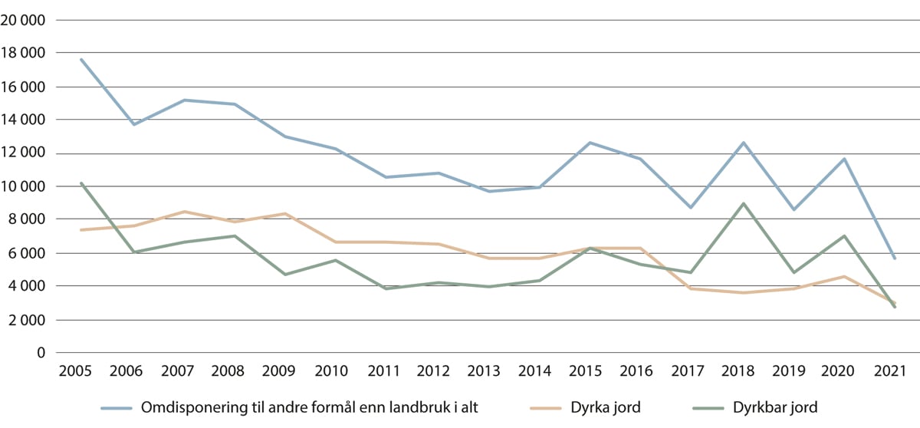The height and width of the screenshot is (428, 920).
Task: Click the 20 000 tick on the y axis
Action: click(23, 20)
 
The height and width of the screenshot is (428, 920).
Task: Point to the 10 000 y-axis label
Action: click(23, 186)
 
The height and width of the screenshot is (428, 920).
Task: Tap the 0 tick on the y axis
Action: click(41, 353)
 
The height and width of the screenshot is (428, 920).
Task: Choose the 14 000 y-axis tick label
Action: click(23, 120)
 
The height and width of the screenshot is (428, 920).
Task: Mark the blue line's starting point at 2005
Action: click(80, 59)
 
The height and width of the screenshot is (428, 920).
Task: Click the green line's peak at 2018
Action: click(743, 203)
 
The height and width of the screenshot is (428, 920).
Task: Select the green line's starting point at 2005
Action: click(80, 183)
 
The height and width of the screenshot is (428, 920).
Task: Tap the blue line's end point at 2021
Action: click(894, 258)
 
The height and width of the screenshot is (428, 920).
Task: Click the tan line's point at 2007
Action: click(183, 212)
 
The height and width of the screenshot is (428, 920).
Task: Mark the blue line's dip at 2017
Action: click(692, 208)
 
